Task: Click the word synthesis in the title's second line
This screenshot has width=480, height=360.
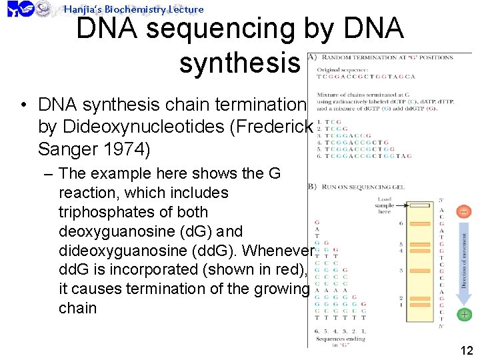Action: (239, 63)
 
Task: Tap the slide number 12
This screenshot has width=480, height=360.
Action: (467, 351)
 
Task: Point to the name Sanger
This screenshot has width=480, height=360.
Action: (66, 149)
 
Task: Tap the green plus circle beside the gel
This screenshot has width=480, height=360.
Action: (463, 314)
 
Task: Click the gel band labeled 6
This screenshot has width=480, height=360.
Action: (420, 223)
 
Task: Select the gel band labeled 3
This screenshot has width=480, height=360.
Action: (420, 270)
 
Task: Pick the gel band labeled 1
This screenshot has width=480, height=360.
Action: (420, 305)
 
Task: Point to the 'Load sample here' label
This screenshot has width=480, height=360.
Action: (385, 205)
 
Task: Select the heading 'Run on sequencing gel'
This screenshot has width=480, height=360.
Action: (363, 187)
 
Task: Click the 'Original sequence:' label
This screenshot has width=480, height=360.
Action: (341, 70)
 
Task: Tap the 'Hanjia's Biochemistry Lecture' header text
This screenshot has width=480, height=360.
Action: (133, 9)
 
